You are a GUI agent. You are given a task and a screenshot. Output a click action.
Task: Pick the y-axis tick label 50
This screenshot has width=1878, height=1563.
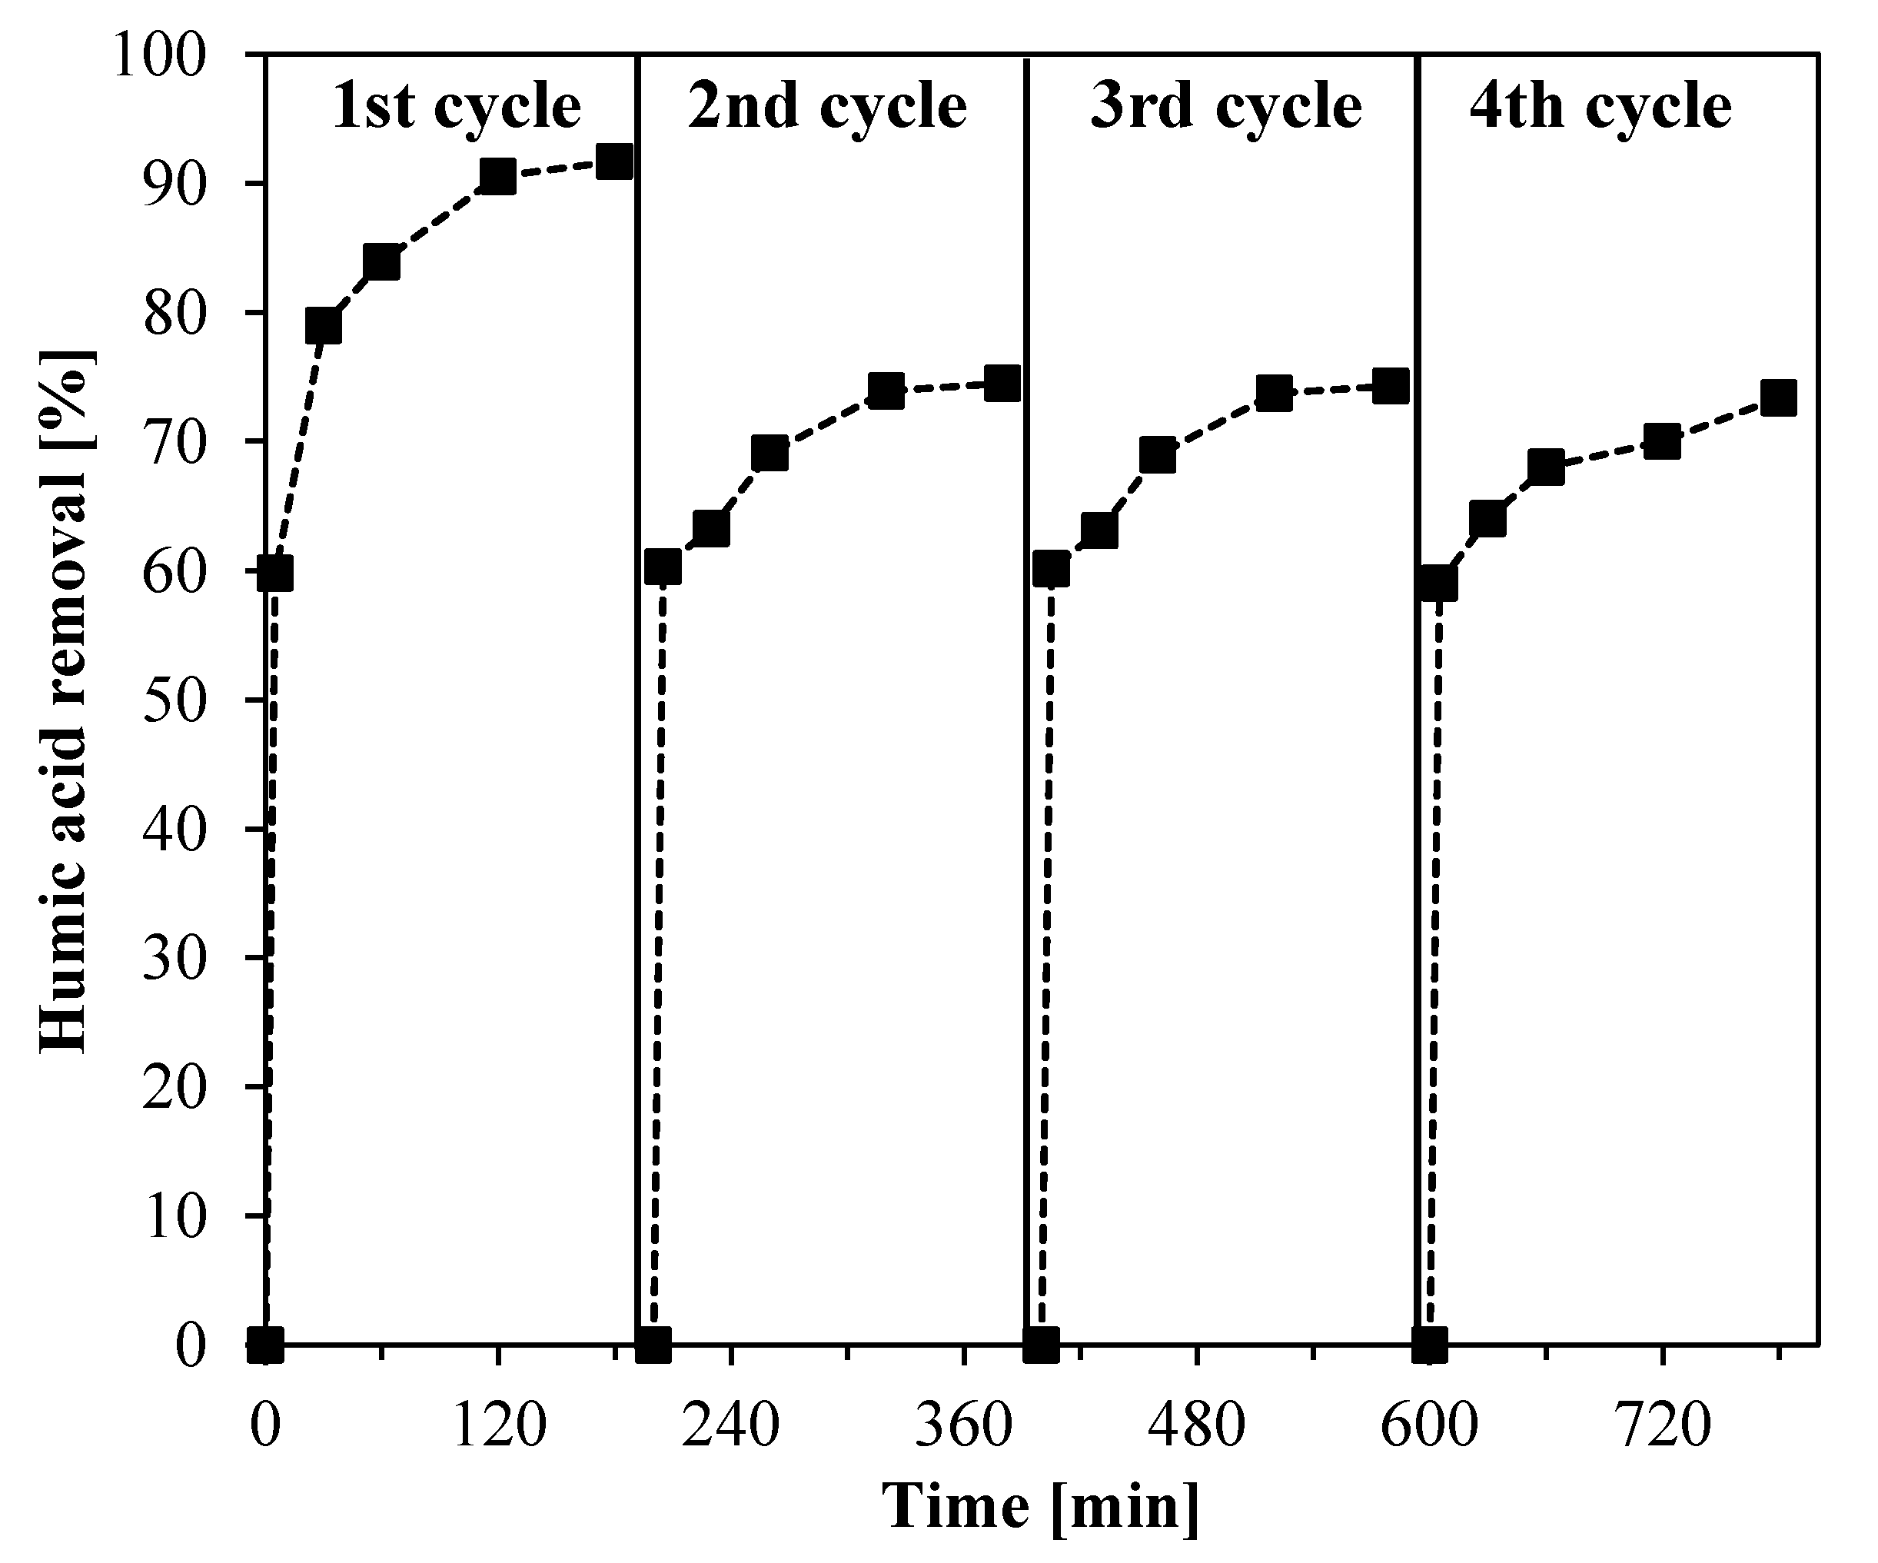175,700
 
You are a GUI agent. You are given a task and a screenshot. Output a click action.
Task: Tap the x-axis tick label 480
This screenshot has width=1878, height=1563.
1195,1425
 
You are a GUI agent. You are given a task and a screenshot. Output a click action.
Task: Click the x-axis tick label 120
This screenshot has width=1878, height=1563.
498,1425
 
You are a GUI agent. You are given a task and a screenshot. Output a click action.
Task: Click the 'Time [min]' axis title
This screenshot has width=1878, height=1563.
1042,1508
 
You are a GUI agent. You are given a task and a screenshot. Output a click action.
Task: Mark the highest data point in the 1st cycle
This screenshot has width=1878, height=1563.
615,163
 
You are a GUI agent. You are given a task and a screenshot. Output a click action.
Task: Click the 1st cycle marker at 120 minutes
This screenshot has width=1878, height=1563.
497,177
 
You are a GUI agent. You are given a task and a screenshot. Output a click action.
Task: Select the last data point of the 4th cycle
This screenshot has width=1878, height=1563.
1778,399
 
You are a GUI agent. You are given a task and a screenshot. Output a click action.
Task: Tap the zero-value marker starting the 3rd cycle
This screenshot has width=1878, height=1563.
1041,1344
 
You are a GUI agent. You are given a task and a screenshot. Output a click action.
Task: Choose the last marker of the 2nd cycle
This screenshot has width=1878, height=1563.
1002,384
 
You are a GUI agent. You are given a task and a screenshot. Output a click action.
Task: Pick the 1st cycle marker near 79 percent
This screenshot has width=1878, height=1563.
323,327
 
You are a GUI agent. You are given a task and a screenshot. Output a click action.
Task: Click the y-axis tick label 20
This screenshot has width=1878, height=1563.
175,1086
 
